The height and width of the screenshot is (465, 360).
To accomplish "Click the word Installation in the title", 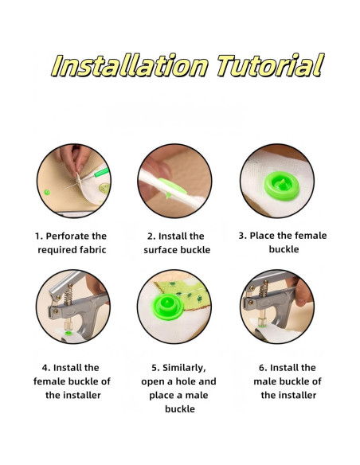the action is pos(130,65).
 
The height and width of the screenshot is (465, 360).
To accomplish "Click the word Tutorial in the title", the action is pos(270,65).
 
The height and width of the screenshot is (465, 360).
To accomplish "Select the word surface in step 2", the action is pos(161,250).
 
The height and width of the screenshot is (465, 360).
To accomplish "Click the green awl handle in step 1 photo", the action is pos(101,173).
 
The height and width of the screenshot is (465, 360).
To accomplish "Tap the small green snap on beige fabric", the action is pos(47,192).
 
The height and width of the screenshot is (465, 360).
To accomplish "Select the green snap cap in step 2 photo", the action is pos(172,187).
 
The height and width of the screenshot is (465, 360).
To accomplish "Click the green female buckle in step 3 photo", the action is pos(281,186).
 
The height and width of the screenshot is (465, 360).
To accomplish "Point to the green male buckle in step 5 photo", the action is pos(167,307).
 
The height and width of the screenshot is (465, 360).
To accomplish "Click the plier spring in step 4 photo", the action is pos(68,295).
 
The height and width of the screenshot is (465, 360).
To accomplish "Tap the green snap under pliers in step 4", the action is pos(68,333).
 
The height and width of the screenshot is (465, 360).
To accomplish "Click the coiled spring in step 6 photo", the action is pos(263,289).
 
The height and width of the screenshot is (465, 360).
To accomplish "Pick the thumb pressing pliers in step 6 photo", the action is pos(303,292).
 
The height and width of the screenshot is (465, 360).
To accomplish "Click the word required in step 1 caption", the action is pos(53,250).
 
